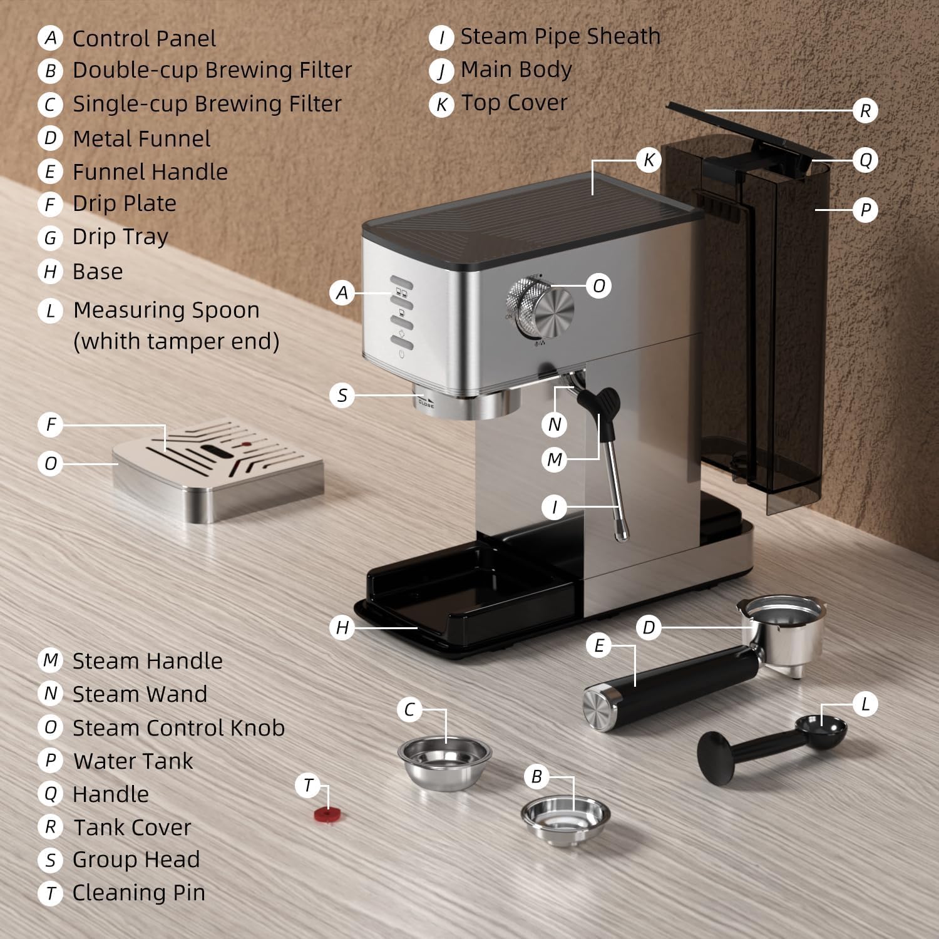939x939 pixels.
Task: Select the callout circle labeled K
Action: click(649, 160)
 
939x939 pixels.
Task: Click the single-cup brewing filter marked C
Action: click(444, 761)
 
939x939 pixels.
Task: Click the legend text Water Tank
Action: click(133, 761)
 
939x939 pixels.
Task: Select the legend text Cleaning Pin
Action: click(138, 893)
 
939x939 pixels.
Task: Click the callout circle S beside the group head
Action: click(342, 396)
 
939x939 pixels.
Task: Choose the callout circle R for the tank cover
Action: click(865, 111)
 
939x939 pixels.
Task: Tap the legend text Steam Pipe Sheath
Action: click(560, 36)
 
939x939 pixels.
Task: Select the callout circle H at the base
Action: click(342, 627)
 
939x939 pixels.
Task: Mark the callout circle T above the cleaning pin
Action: click(308, 785)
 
